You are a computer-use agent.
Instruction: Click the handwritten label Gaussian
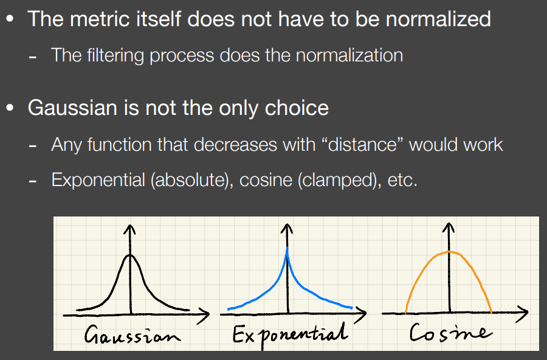coord(132,334)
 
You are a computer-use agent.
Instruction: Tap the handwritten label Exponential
coord(291,335)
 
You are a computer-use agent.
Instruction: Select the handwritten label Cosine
coord(450,332)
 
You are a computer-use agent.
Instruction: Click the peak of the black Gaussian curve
coord(130,255)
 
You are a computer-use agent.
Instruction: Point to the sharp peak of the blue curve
coord(287,248)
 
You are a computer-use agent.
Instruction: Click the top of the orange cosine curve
coord(449,252)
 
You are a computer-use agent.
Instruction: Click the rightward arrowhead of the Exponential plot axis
coord(362,313)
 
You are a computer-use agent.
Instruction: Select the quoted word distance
coord(363,144)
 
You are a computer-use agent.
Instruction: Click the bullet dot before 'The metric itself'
coord(10,19)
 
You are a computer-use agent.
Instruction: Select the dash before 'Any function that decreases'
coord(33,145)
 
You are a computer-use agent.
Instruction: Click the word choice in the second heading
coord(297,108)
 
